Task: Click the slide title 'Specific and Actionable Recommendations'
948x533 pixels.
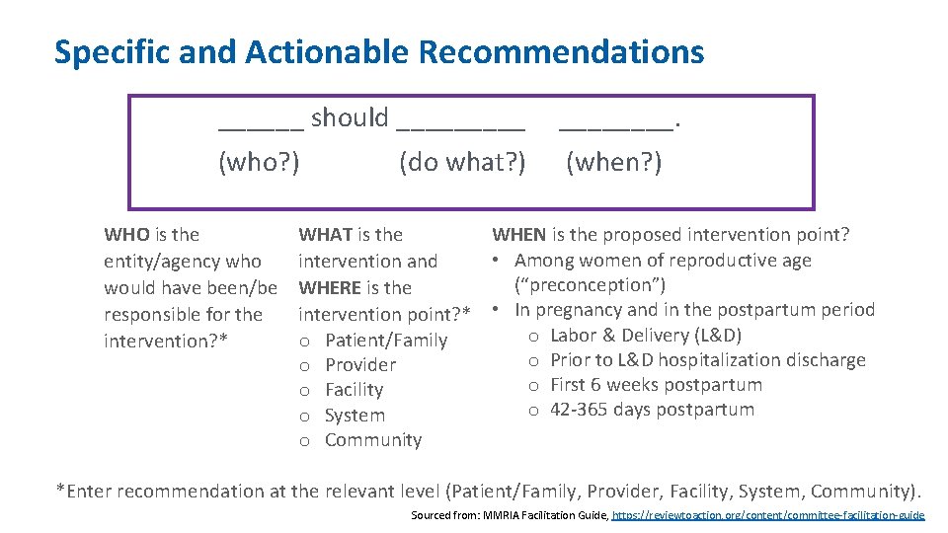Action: point(379,51)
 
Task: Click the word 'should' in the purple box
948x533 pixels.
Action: point(350,117)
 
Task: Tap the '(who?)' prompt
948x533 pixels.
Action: point(259,161)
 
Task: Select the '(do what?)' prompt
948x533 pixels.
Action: point(462,161)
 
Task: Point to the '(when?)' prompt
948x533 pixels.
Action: point(613,161)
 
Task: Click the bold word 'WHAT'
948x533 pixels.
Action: point(325,235)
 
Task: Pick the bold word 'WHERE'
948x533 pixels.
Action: point(328,288)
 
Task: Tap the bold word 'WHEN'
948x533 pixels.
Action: point(518,235)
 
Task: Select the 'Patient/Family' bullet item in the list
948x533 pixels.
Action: point(385,341)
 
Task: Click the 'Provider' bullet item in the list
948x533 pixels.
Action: point(359,365)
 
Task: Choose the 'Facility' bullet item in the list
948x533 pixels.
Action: point(354,390)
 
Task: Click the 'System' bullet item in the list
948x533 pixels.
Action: point(355,416)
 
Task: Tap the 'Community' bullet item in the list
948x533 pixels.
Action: point(372,440)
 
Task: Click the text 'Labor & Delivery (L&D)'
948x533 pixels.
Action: point(645,335)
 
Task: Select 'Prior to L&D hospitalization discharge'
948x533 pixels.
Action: point(707,360)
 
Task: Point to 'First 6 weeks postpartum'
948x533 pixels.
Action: point(656,385)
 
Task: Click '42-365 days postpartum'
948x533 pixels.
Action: point(652,410)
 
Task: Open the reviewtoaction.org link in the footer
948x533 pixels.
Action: point(768,515)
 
